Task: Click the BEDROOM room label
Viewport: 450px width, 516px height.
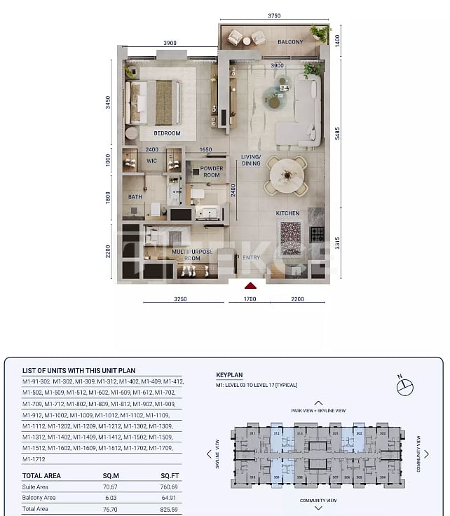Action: (168, 133)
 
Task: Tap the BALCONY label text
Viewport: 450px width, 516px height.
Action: (290, 42)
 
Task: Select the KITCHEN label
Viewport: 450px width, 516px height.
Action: (287, 213)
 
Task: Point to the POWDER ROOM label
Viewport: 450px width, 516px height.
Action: (212, 172)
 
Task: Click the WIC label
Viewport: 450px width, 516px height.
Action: (151, 161)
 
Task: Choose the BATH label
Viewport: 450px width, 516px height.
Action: (135, 197)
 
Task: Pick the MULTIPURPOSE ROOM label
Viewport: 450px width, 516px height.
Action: (191, 254)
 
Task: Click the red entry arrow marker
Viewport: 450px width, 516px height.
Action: (250, 285)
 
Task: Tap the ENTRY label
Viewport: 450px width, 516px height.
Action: (250, 257)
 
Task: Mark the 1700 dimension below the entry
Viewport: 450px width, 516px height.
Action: (250, 299)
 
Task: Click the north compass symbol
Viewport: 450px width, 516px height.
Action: (404, 386)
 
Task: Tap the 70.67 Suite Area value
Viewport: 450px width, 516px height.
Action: (109, 485)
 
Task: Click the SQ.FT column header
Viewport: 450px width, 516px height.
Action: (170, 475)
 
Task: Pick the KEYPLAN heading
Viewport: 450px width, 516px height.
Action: (229, 375)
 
